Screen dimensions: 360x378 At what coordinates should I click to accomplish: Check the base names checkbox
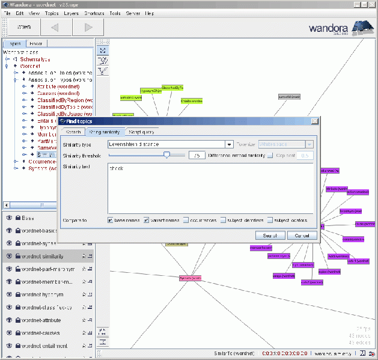111,220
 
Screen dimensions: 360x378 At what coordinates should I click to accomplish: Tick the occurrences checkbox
187,220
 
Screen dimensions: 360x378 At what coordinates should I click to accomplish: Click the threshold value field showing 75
197,155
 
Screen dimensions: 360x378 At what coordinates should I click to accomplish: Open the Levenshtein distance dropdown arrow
229,144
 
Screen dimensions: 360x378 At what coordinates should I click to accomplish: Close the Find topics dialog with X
314,121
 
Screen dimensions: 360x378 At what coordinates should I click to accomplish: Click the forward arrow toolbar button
88,27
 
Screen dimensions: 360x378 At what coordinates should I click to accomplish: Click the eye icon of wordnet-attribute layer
9,320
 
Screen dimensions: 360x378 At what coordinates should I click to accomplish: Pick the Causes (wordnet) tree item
58,94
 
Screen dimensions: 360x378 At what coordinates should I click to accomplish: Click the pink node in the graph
190,278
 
